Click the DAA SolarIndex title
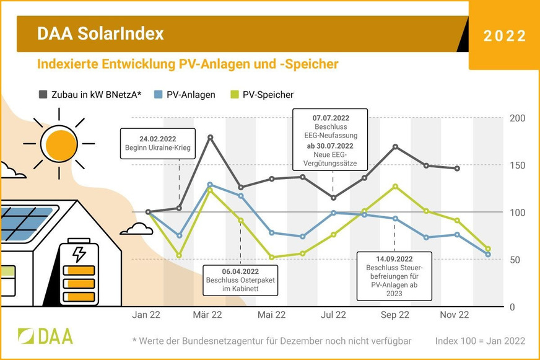[x=100, y=33]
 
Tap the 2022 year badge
[x=505, y=36]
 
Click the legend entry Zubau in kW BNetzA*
[x=90, y=95]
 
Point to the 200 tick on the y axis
[x=517, y=118]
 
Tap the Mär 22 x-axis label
[x=207, y=315]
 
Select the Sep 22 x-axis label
[x=394, y=315]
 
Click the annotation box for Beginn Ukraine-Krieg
[x=159, y=144]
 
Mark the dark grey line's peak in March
[x=210, y=137]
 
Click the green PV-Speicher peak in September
[x=395, y=186]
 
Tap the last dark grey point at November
[x=457, y=169]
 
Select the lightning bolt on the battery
[x=79, y=255]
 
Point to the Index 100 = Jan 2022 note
[x=480, y=341]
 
